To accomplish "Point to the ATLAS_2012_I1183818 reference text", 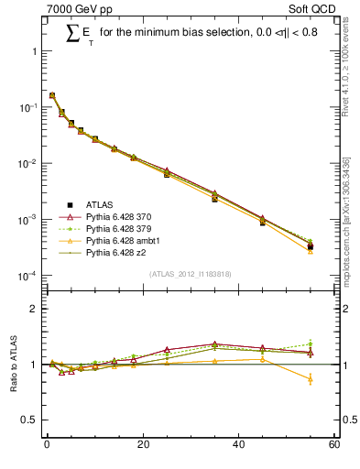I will (x=191, y=274).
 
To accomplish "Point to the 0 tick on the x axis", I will (x=47, y=446).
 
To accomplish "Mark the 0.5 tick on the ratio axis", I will (x=31, y=420).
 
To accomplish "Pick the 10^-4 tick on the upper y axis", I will (x=27, y=277).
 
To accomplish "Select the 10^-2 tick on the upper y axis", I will (x=27, y=164).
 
